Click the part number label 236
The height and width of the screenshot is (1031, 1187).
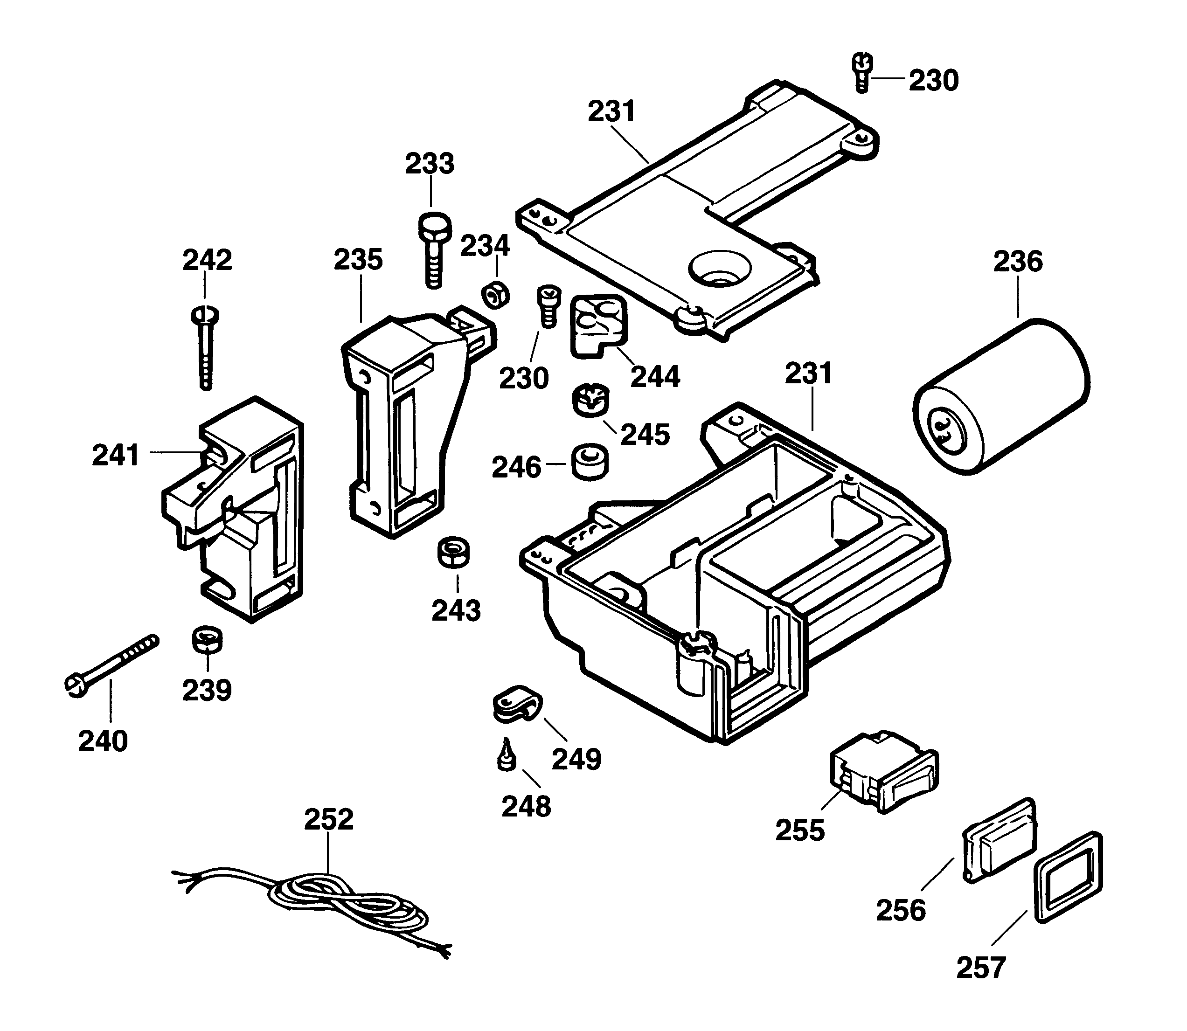click(1017, 262)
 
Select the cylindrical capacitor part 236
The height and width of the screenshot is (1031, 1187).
click(1001, 397)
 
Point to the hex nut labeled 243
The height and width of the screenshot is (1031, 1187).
click(454, 553)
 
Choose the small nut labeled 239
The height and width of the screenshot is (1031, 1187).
click(207, 640)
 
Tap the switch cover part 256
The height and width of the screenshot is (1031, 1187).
click(1000, 841)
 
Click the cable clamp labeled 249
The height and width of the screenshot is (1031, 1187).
click(516, 705)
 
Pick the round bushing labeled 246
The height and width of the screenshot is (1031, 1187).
click(590, 461)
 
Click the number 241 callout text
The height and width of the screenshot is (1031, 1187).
click(116, 455)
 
